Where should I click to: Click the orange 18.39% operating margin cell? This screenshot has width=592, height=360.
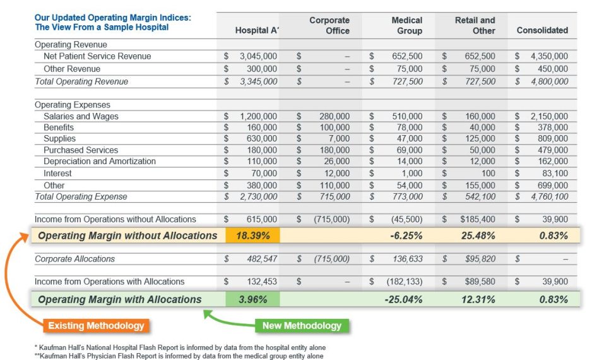(252, 236)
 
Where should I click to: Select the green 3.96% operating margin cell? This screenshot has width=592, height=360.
(252, 299)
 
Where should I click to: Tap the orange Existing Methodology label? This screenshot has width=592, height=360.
(95, 326)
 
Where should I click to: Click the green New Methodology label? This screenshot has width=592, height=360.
(302, 326)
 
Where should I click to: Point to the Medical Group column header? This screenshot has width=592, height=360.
(406, 25)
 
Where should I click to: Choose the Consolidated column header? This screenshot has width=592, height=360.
(542, 30)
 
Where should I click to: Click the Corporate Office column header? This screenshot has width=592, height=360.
(329, 25)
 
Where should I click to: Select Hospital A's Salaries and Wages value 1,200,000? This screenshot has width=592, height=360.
(258, 116)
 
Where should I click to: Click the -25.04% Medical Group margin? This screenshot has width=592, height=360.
(403, 299)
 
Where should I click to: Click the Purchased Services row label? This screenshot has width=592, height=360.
(81, 150)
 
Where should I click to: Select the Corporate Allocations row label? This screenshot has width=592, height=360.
(74, 259)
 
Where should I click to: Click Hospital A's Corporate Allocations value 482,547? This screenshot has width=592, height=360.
(258, 259)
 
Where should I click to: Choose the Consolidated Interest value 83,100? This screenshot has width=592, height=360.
(555, 173)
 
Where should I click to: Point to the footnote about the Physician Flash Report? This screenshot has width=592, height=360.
(179, 356)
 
